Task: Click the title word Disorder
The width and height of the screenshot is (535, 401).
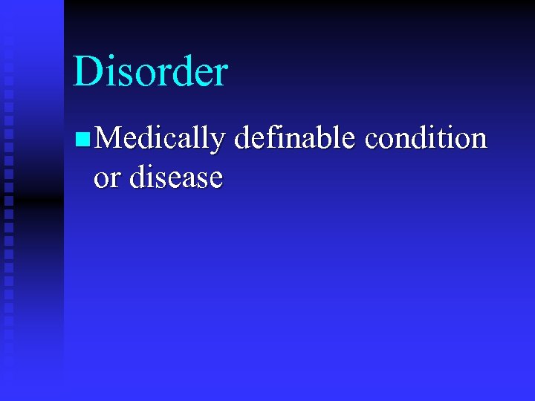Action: click(150, 72)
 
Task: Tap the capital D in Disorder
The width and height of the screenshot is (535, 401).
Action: click(87, 72)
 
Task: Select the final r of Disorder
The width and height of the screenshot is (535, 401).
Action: click(220, 76)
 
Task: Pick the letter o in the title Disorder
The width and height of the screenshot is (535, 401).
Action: click(134, 76)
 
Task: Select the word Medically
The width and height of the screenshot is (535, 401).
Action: click(159, 139)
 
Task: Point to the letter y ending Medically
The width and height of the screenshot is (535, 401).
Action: click(215, 143)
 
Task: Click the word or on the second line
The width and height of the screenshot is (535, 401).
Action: click(106, 179)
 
